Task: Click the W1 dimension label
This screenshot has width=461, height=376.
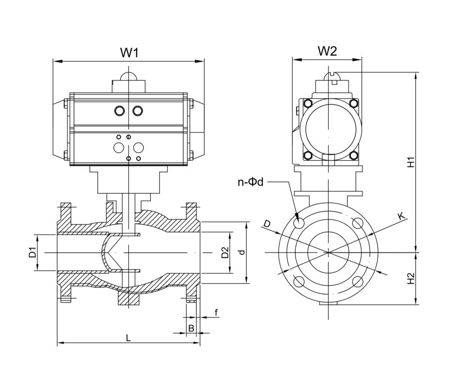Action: tap(129, 52)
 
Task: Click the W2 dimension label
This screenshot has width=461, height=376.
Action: tap(327, 51)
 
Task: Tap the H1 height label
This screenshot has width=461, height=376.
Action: tap(411, 162)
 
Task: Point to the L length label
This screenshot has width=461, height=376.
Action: tap(128, 337)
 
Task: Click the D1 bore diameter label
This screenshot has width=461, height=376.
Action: tap(32, 253)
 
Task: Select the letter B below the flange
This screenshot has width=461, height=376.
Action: tap(191, 328)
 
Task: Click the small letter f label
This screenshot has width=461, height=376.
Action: tap(216, 313)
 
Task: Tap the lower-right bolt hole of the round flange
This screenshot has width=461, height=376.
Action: tap(358, 282)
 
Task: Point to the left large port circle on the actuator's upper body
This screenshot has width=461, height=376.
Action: tap(120, 111)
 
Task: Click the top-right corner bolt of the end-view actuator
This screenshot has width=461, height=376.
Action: tap(353, 104)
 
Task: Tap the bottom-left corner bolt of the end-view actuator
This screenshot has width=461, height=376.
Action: tap(308, 156)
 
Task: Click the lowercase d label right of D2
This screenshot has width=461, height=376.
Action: tap(242, 253)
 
